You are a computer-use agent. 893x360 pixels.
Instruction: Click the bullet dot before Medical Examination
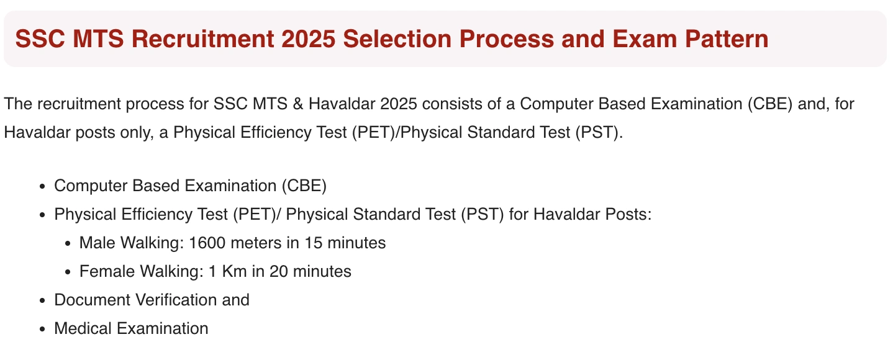pos(42,329)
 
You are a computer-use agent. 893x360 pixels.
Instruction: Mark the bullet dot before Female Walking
pos(67,272)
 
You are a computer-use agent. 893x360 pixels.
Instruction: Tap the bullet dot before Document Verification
pos(42,300)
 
